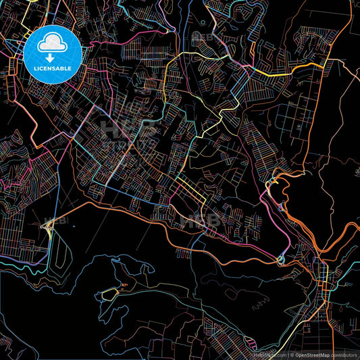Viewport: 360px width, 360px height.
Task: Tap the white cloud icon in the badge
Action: pos(53,44)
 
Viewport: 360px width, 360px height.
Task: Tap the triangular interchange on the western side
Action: pos(49,227)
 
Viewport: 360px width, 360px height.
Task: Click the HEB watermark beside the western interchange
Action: pos(59,220)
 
